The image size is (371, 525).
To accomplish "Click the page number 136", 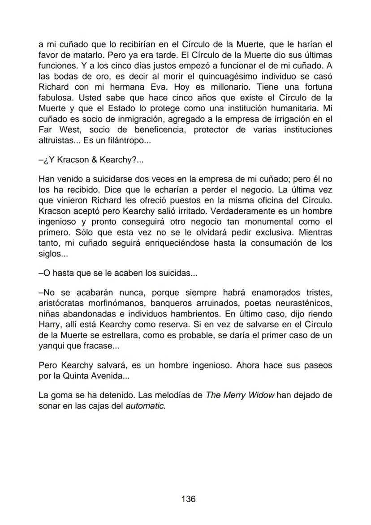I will [x=188, y=499].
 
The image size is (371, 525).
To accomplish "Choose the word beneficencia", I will [x=160, y=130].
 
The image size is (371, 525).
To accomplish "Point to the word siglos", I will [x=51, y=254].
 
